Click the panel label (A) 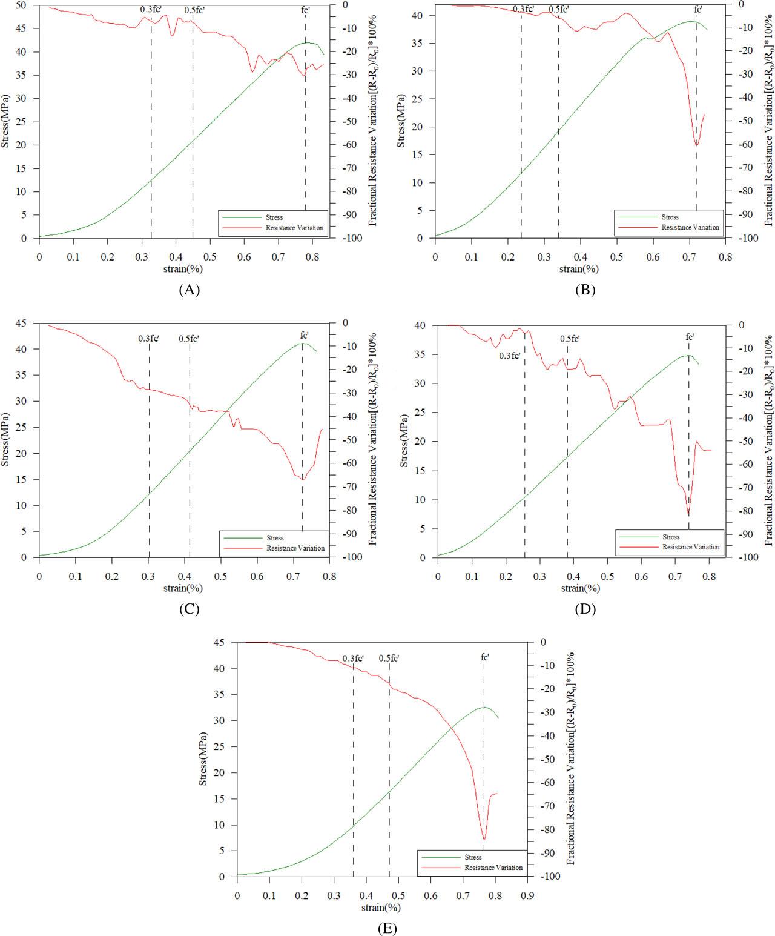click(x=189, y=290)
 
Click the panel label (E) click(x=387, y=928)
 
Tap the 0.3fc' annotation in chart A click(x=151, y=10)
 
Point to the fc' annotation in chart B click(x=698, y=9)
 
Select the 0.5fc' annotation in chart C click(x=189, y=338)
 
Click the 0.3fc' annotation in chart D click(x=510, y=356)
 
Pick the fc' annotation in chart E click(x=484, y=657)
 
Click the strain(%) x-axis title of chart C click(x=183, y=588)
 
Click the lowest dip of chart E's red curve click(x=484, y=839)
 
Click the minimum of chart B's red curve click(x=697, y=145)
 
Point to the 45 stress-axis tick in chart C click(x=22, y=323)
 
